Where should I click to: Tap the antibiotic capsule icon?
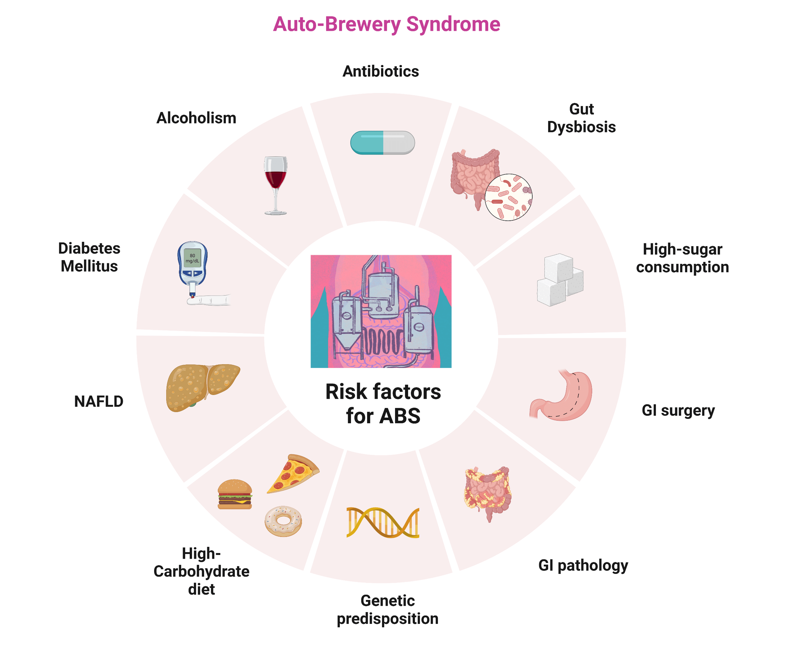(x=382, y=143)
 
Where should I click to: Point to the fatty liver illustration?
(x=203, y=387)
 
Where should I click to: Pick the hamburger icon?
(x=235, y=494)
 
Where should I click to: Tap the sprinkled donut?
(x=283, y=521)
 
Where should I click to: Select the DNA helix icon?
(x=383, y=522)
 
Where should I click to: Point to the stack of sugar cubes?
(x=560, y=280)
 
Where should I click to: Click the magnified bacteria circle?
(x=509, y=197)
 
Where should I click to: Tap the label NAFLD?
(x=99, y=401)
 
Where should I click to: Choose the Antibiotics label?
(x=381, y=71)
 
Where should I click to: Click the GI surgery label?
(x=678, y=410)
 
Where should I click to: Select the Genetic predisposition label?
(x=387, y=610)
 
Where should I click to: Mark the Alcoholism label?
(x=196, y=118)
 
